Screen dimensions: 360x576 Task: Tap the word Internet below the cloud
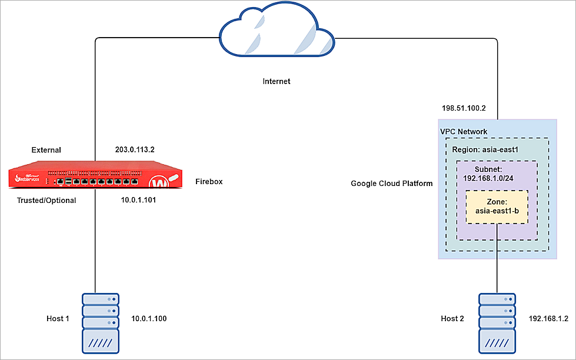(277, 81)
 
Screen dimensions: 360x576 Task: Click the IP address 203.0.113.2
(135, 149)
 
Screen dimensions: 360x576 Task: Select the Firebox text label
(209, 182)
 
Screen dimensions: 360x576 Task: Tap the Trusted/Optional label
(46, 200)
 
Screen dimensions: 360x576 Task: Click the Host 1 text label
(58, 319)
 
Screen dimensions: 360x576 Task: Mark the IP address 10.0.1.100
(149, 319)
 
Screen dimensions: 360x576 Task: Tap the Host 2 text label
(452, 319)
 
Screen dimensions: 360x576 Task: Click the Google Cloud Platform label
(392, 184)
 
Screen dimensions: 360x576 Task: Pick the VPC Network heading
(464, 131)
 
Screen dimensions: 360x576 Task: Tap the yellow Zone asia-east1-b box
(497, 206)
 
